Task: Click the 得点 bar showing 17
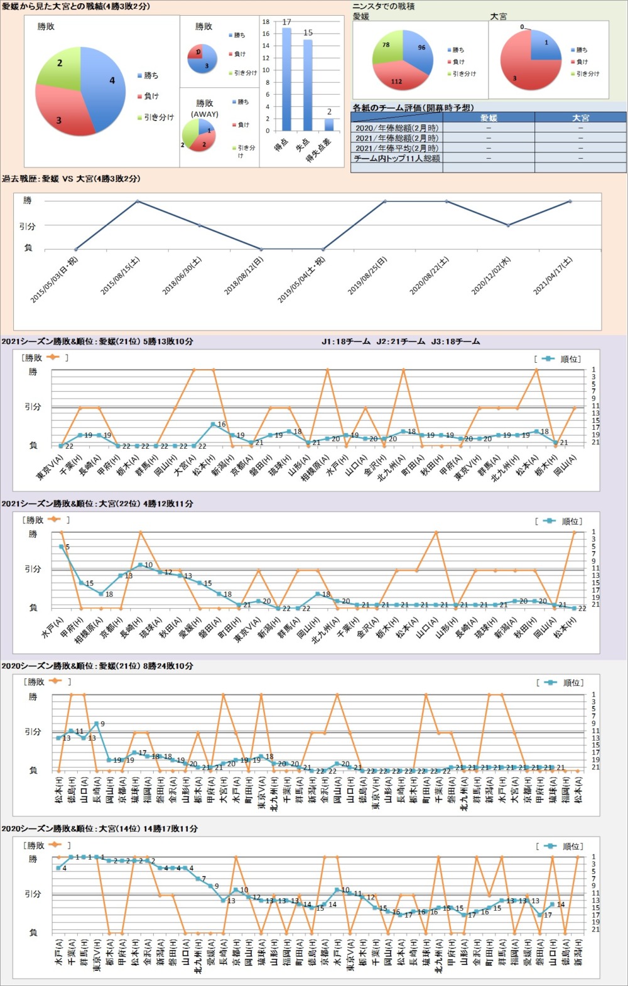click(286, 79)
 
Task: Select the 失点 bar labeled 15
click(308, 85)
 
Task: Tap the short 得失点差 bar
click(329, 124)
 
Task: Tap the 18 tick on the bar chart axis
click(266, 22)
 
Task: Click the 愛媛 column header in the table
click(489, 117)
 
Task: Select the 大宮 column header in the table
click(580, 117)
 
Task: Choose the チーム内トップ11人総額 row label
click(396, 158)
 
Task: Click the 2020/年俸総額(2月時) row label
click(396, 127)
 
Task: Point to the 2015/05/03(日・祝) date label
click(55, 280)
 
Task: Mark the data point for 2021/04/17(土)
click(570, 201)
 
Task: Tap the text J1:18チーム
click(345, 341)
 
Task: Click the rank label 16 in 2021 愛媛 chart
click(221, 424)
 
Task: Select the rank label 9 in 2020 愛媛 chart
click(102, 724)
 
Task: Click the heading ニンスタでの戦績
click(383, 6)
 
